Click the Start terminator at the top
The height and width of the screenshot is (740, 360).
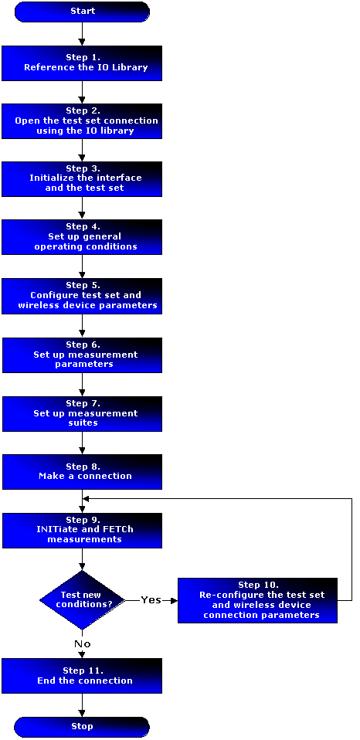click(82, 12)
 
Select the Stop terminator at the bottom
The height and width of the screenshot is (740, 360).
click(82, 727)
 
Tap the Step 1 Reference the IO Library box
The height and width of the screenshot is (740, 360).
click(82, 63)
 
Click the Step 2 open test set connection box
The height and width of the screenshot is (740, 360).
click(82, 121)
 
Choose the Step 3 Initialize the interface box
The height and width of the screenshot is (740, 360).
click(82, 179)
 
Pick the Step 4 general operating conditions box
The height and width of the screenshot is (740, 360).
click(82, 237)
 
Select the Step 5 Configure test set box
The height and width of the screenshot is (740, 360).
click(82, 296)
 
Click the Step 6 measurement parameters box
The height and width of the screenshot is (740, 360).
click(82, 355)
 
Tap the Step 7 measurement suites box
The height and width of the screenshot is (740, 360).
click(82, 413)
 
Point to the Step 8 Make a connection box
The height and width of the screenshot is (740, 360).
click(82, 471)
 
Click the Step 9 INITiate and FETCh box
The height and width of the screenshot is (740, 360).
click(82, 531)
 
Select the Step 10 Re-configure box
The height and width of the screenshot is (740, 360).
click(257, 600)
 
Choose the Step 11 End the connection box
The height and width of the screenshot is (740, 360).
click(82, 676)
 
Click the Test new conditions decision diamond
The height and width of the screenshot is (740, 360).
click(82, 600)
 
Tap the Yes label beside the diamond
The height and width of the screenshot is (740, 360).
click(151, 600)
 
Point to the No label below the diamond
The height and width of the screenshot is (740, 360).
click(82, 643)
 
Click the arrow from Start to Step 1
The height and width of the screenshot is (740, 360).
click(82, 33)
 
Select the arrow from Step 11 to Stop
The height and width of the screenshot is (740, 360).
click(82, 705)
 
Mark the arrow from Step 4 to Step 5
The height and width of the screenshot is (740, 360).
click(82, 266)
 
